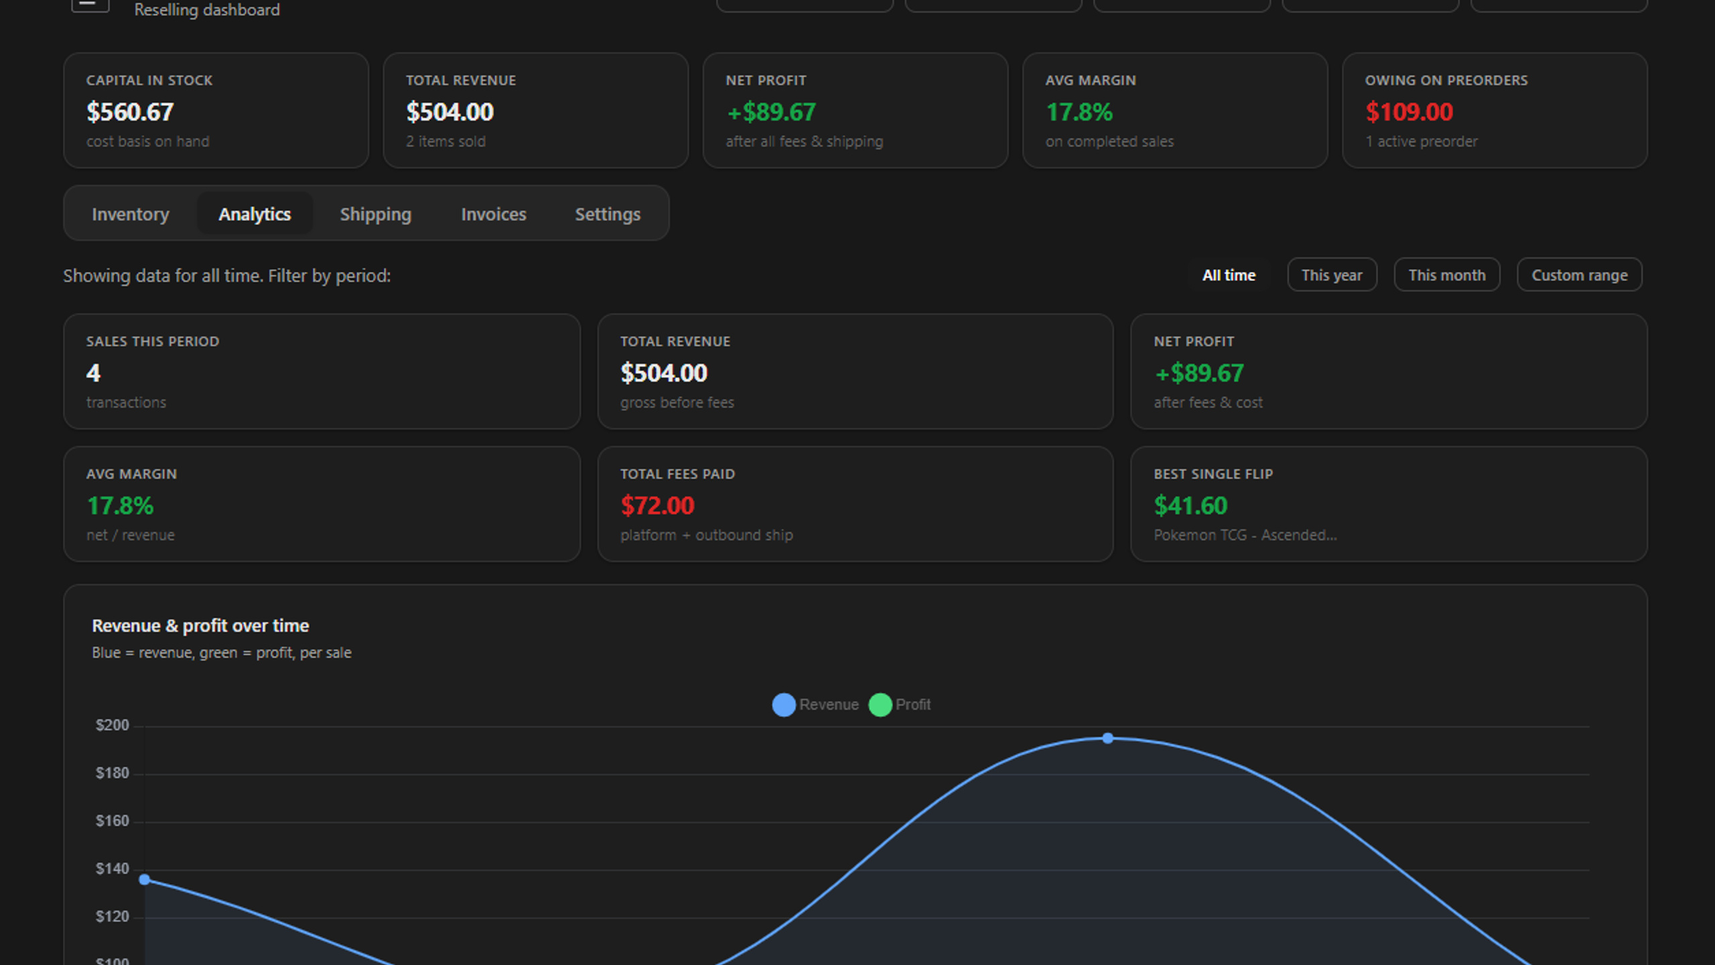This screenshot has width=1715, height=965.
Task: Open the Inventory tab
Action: [x=130, y=214]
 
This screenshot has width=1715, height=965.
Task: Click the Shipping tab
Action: [x=375, y=214]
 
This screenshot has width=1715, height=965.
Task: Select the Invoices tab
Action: [x=494, y=214]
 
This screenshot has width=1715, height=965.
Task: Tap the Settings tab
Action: [x=608, y=214]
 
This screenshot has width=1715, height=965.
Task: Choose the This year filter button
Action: [x=1332, y=275]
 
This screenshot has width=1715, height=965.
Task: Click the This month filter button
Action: [x=1447, y=275]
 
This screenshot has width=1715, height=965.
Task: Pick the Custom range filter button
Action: [x=1580, y=275]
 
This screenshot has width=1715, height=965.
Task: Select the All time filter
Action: [x=1229, y=275]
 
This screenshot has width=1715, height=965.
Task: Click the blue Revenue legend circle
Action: [x=784, y=704]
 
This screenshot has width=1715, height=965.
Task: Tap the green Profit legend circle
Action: [x=880, y=704]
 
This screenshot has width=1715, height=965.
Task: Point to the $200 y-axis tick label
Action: [x=112, y=725]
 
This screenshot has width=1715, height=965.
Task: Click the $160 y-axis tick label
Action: [x=112, y=821]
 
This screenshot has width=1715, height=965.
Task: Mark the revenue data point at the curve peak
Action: [x=1108, y=738]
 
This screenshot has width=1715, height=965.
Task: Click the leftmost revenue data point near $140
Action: [x=145, y=879]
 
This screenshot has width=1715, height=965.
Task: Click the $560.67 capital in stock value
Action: [x=130, y=112]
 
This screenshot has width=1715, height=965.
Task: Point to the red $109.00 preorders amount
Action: [x=1410, y=112]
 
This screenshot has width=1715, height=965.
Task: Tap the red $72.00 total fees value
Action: [x=657, y=505]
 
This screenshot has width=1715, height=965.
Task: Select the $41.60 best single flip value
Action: [x=1190, y=505]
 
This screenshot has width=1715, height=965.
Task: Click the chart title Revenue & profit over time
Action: [x=200, y=625]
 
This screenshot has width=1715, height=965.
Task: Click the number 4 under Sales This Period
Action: [x=93, y=373]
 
